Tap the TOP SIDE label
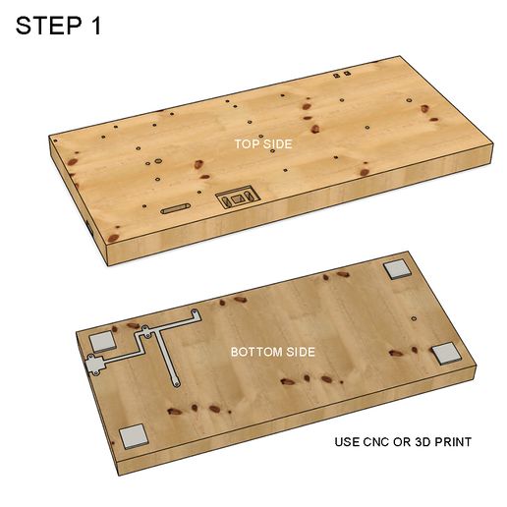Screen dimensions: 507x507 tap(262, 143)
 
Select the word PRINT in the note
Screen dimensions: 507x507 tap(452, 442)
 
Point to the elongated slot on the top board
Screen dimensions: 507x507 tap(178, 208)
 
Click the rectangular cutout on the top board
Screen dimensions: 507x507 tap(237, 199)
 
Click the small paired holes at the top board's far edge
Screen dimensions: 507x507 tap(341, 74)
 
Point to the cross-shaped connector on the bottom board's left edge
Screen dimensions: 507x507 tap(94, 366)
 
